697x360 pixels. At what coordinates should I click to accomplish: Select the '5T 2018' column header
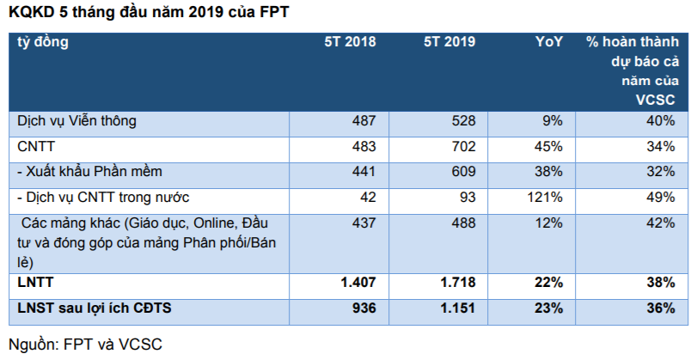coord(350,41)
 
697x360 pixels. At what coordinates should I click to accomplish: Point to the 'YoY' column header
coord(548,41)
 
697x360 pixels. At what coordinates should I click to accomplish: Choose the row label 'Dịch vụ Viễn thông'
coord(77,121)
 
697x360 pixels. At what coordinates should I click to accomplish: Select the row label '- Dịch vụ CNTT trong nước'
coord(97,197)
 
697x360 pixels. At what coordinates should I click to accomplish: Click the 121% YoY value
coord(544,197)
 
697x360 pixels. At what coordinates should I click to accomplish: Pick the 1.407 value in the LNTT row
coord(356,282)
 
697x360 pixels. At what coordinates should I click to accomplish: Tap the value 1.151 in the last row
coord(456,308)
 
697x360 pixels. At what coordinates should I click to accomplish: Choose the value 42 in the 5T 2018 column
coord(367,197)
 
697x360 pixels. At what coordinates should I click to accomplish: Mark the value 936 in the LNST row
coord(363,308)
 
